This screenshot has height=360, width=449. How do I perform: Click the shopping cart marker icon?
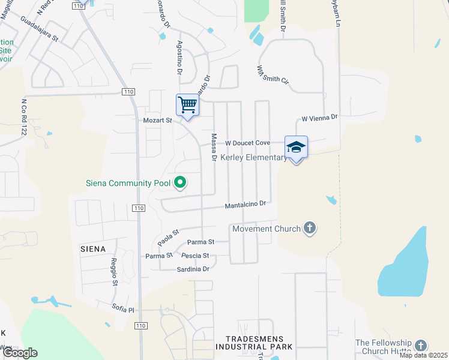(x=187, y=106)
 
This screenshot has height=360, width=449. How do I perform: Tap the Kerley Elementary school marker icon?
(x=296, y=147)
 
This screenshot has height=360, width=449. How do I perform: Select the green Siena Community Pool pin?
(x=179, y=182)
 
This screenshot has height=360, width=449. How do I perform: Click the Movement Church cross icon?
(x=309, y=228)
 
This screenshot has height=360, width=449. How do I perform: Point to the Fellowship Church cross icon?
(x=421, y=346)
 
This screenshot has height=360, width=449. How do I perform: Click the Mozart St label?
(x=157, y=121)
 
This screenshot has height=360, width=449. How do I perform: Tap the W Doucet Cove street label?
(x=247, y=143)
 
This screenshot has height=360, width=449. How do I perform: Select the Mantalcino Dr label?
(x=245, y=205)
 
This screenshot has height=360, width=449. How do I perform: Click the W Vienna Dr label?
(x=320, y=119)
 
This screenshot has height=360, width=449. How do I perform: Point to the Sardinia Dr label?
(x=193, y=269)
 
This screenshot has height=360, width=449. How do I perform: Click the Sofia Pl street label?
(x=123, y=309)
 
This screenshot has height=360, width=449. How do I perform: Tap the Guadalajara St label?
(x=38, y=29)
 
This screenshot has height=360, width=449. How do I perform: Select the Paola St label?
(x=169, y=237)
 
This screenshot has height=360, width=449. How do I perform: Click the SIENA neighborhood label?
(x=93, y=248)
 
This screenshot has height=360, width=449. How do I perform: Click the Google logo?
(x=20, y=353)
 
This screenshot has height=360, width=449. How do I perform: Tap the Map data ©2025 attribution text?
(x=423, y=355)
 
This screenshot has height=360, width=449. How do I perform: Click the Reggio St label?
(x=113, y=272)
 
